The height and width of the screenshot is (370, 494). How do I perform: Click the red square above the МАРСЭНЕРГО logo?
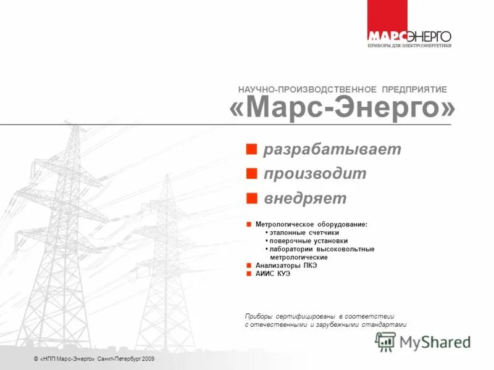387,14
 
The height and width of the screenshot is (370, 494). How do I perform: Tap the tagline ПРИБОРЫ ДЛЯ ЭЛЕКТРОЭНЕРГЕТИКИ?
409,45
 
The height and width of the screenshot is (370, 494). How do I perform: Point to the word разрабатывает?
332,149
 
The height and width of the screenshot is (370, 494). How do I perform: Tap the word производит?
315,174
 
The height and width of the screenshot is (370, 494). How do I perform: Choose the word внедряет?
305,199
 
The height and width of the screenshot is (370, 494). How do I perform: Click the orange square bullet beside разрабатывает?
251,149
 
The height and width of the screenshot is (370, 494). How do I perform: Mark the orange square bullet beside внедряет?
251,198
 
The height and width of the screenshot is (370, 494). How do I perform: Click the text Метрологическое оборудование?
311,224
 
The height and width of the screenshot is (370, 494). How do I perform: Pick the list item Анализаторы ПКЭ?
286,265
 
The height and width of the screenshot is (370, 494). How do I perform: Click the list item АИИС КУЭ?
272,273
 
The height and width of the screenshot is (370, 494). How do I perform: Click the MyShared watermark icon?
385,341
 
